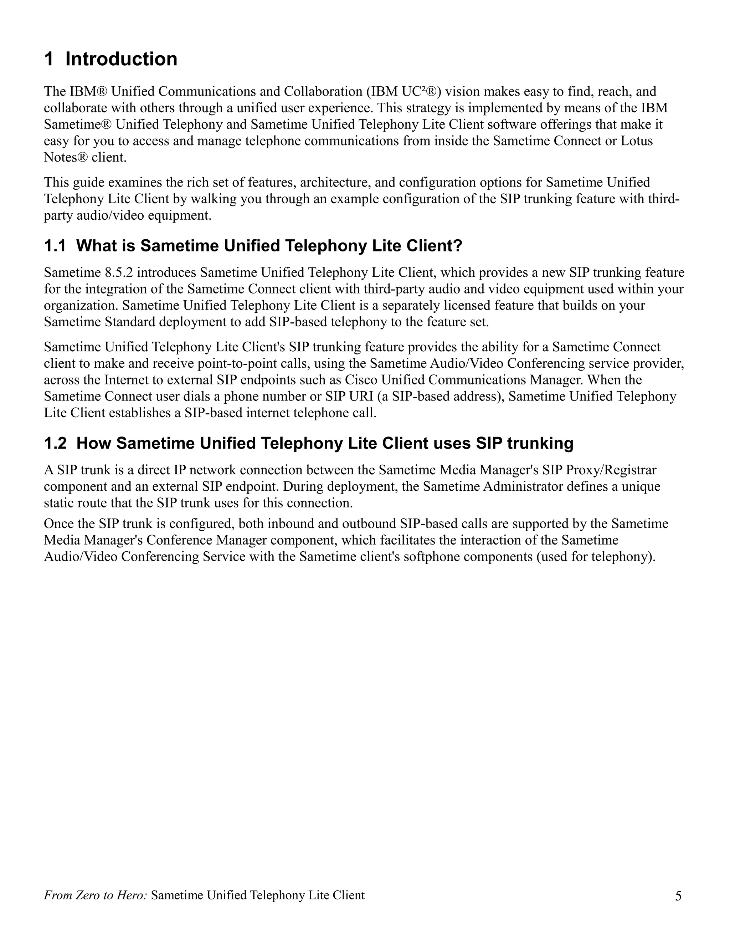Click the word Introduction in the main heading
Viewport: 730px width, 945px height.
pos(121,59)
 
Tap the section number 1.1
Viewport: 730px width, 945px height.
pos(55,246)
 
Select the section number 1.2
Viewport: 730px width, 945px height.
pos(55,444)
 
